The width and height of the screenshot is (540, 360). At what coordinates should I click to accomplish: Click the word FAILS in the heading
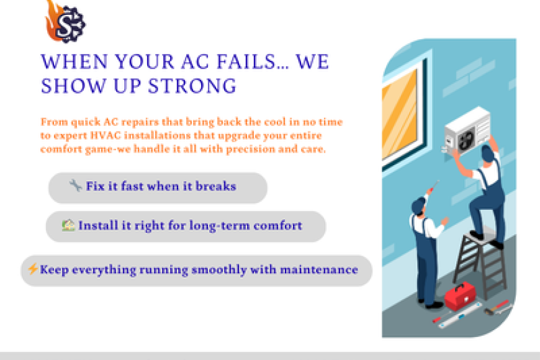[x=238, y=63]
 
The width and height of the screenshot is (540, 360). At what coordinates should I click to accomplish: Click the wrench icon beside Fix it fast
[x=76, y=185]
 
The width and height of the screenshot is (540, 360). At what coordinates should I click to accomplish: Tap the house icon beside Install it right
[x=68, y=225]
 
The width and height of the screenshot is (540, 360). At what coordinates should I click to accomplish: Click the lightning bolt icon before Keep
[x=32, y=269]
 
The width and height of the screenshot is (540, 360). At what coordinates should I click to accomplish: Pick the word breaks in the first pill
[x=216, y=186]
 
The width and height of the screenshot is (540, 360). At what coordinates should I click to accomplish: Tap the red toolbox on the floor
[x=459, y=297]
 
